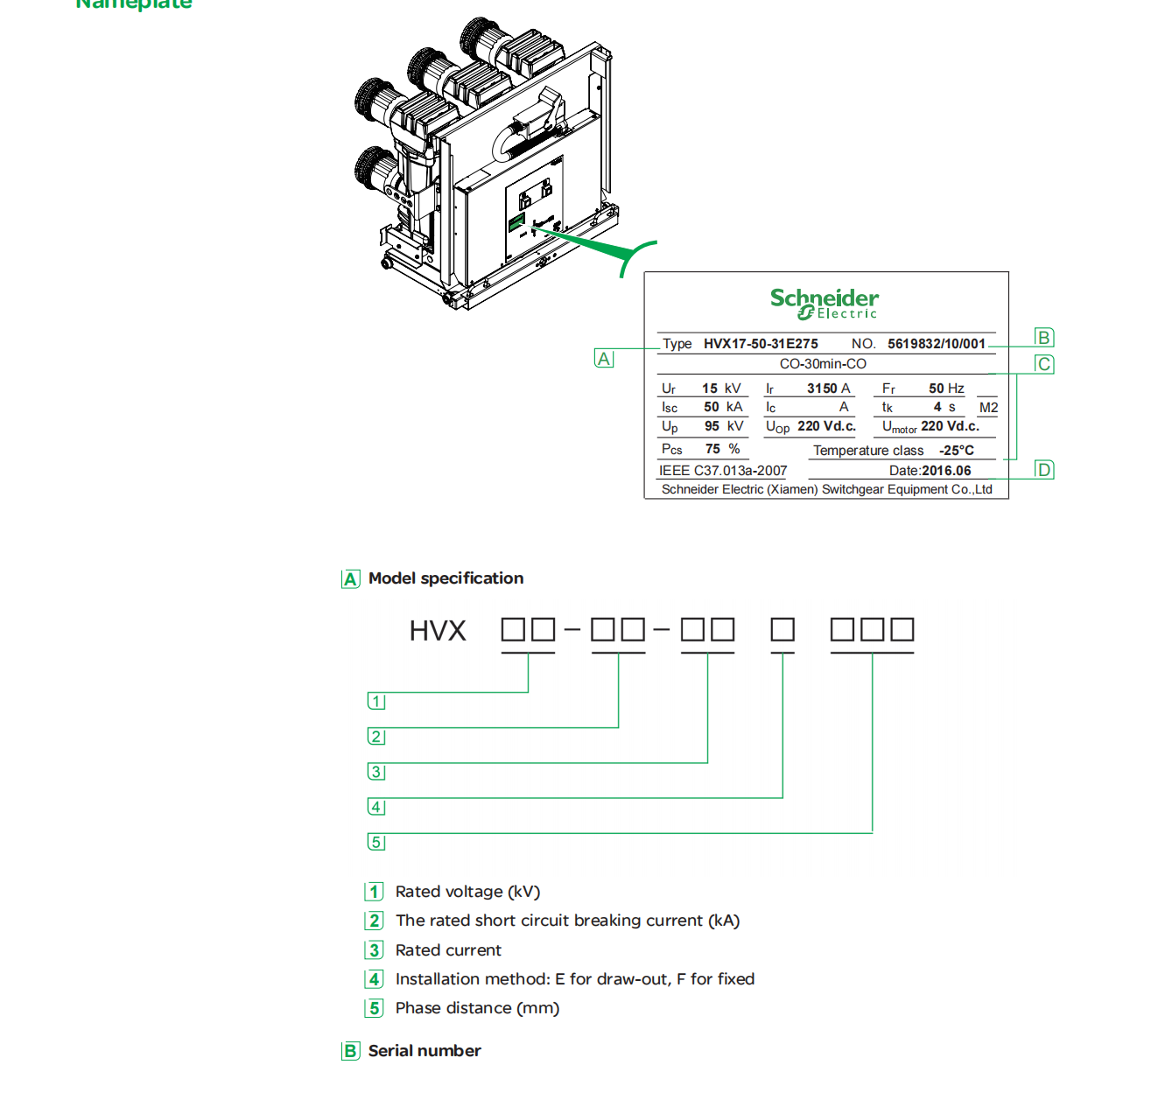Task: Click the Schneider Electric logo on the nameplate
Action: pyautogui.click(x=824, y=304)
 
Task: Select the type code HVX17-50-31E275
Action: pyautogui.click(x=761, y=344)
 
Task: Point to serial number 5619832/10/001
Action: pyautogui.click(x=936, y=344)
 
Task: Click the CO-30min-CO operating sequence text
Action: pyautogui.click(x=823, y=364)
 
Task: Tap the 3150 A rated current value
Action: pyautogui.click(x=828, y=389)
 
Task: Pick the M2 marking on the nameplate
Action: pyautogui.click(x=988, y=408)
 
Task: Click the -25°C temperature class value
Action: pyautogui.click(x=956, y=451)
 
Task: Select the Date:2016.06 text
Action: pyautogui.click(x=930, y=471)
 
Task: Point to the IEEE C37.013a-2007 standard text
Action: pyautogui.click(x=723, y=471)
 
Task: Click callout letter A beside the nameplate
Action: pyautogui.click(x=604, y=359)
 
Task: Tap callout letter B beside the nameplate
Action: pyautogui.click(x=1043, y=338)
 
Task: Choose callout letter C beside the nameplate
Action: pyautogui.click(x=1043, y=364)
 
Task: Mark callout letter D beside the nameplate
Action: pyautogui.click(x=1043, y=470)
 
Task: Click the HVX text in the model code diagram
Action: pyautogui.click(x=438, y=631)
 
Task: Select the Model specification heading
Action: pyautogui.click(x=446, y=578)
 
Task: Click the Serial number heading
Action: pyautogui.click(x=425, y=1051)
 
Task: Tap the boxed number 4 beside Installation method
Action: pyautogui.click(x=375, y=979)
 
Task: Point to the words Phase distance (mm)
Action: pyautogui.click(x=477, y=1008)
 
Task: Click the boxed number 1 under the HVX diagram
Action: pyautogui.click(x=376, y=702)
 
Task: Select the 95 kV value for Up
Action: pyautogui.click(x=723, y=426)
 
